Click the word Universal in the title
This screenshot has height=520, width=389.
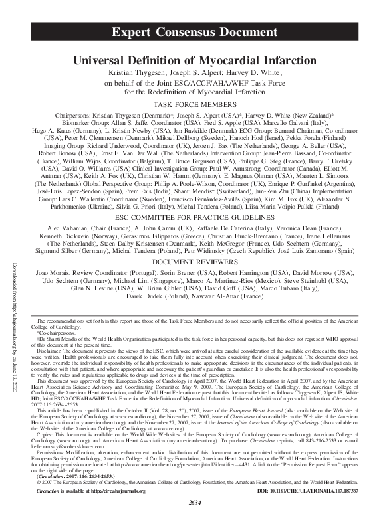coord(103,59)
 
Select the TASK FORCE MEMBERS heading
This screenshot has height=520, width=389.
coord(194,105)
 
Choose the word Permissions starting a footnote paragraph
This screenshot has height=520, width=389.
coord(56,454)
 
